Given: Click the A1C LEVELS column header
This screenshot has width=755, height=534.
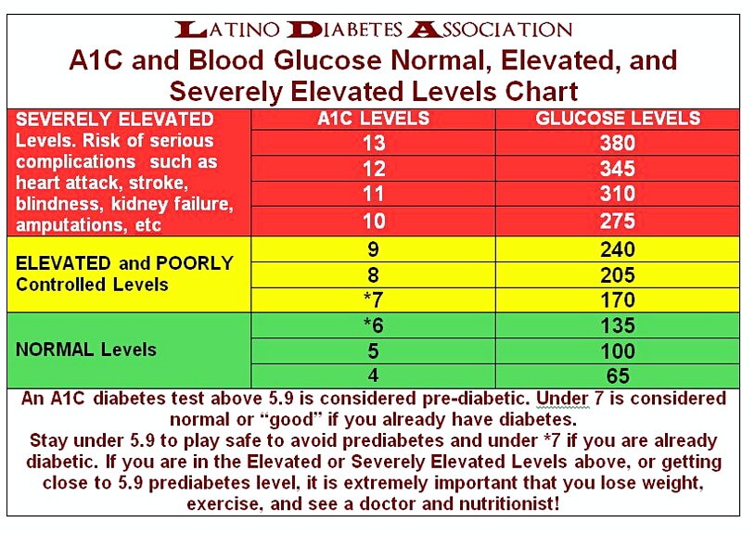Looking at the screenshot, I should pyautogui.click(x=374, y=119).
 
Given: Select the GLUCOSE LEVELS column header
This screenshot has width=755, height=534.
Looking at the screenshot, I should pyautogui.click(x=618, y=119).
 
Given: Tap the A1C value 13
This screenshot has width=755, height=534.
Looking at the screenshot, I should pyautogui.click(x=374, y=143).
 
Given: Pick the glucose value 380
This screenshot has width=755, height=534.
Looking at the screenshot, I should pyautogui.click(x=618, y=143).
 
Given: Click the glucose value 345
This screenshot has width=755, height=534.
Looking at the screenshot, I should pyautogui.click(x=618, y=169).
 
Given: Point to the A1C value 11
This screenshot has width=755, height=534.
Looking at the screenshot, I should pyautogui.click(x=374, y=195).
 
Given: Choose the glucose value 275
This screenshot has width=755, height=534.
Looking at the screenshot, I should pyautogui.click(x=618, y=222).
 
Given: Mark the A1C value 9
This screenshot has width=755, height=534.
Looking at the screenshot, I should pyautogui.click(x=374, y=248).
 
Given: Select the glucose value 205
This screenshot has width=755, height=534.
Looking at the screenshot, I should pyautogui.click(x=618, y=274).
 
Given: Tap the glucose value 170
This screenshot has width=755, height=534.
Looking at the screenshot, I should pyautogui.click(x=618, y=299).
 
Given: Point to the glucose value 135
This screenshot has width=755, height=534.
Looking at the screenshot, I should pyautogui.click(x=618, y=325).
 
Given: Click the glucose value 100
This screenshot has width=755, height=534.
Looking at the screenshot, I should pyautogui.click(x=618, y=351).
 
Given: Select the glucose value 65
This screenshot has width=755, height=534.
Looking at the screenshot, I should pyautogui.click(x=618, y=376).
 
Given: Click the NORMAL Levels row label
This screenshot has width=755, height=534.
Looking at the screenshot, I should pyautogui.click(x=86, y=350).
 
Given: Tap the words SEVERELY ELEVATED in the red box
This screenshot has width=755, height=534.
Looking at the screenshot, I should pyautogui.click(x=115, y=120).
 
